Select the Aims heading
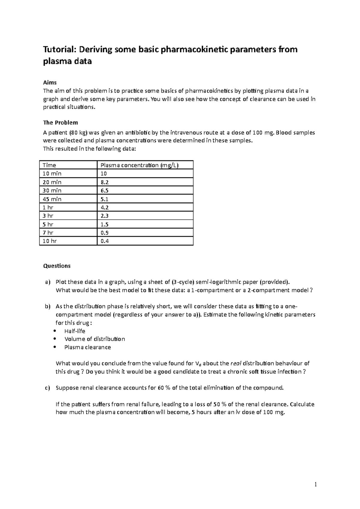pyautogui.click(x=50, y=82)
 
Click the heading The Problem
pyautogui.click(x=60, y=123)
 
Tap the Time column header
pyautogui.click(x=49, y=165)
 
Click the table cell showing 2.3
pyautogui.click(x=105, y=216)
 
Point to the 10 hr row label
pyautogui.click(x=49, y=241)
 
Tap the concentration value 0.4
pyautogui.click(x=105, y=241)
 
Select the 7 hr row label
pyautogui.click(x=48, y=233)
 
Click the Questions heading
pyautogui.click(x=57, y=266)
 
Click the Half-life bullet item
pyautogui.click(x=75, y=331)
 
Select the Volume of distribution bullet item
pyautogui.click(x=94, y=339)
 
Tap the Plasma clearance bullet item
pyautogui.click(x=88, y=347)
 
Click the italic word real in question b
pyautogui.click(x=235, y=364)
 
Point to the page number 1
pyautogui.click(x=316, y=484)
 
